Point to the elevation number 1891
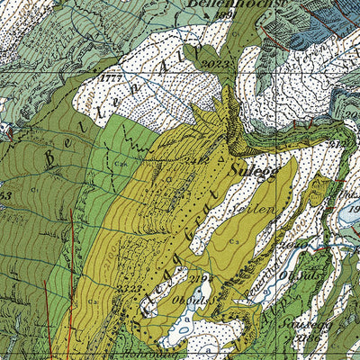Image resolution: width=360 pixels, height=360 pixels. (224, 16)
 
